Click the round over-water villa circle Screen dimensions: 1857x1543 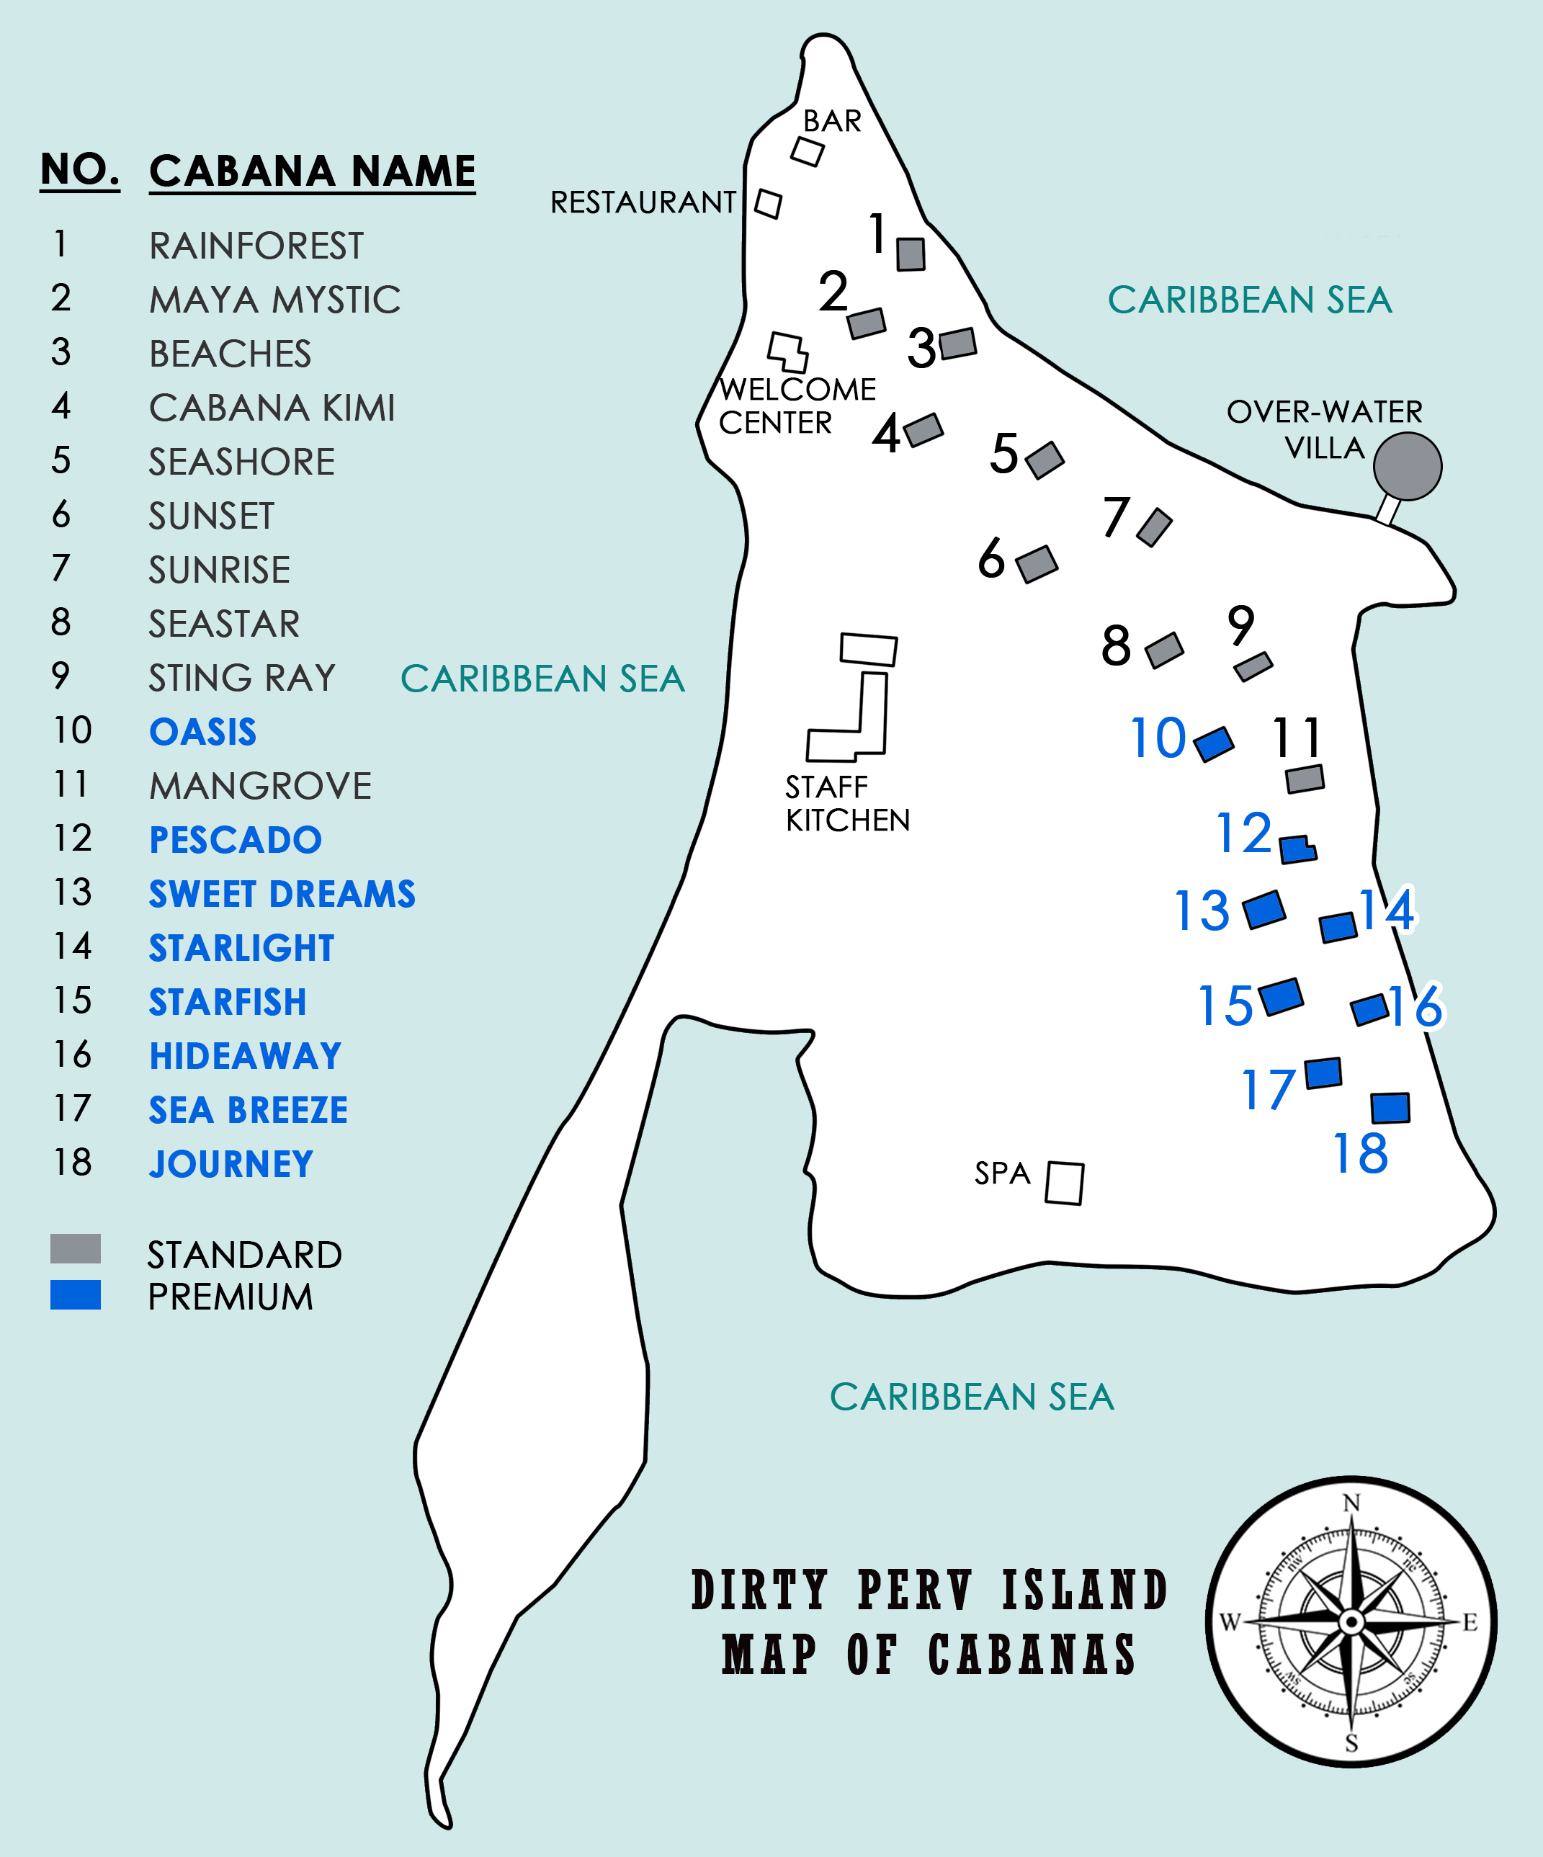[x=1407, y=466]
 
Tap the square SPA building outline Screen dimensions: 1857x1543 [x=1065, y=1183]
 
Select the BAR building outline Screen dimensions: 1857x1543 [x=808, y=151]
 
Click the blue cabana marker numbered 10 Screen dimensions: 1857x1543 [x=1214, y=743]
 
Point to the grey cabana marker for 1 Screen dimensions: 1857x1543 [x=911, y=254]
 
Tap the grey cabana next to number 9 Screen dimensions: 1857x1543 [x=1253, y=667]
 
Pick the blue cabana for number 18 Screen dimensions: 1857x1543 [x=1390, y=1108]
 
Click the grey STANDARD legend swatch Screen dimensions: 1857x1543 [x=75, y=1248]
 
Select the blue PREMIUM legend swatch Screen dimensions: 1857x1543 [x=75, y=1294]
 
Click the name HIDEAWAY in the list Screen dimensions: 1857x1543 [x=245, y=1056]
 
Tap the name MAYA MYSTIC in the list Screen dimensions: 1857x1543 [x=274, y=300]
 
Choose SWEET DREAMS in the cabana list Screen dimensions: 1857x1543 [x=281, y=894]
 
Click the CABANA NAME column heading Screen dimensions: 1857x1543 [x=312, y=171]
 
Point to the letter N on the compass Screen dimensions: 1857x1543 [x=1351, y=1503]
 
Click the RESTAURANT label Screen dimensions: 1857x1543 [x=643, y=202]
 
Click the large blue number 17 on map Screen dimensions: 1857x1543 [x=1268, y=1089]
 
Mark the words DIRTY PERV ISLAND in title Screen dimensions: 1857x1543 [x=929, y=1590]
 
